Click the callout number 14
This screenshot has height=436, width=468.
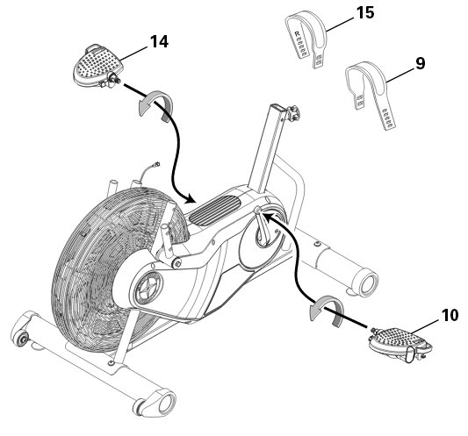point(160,41)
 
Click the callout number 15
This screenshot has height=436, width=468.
point(365,13)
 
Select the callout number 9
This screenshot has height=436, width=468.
point(421,63)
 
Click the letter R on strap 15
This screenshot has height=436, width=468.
point(297,34)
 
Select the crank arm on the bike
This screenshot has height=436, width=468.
point(263,228)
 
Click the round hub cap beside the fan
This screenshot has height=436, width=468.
point(149,289)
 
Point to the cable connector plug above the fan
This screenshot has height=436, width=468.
point(156,164)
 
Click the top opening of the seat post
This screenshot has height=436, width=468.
point(277,107)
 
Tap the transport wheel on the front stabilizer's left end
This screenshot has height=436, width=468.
point(21,338)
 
